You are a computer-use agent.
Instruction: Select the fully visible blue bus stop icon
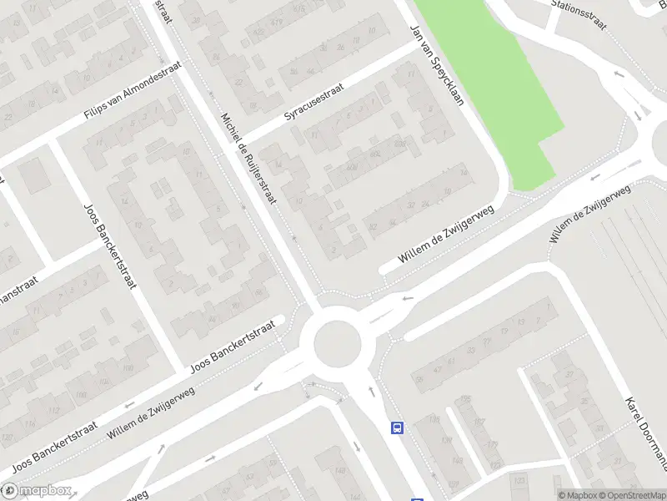397,428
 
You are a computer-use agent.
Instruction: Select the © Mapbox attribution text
578,495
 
